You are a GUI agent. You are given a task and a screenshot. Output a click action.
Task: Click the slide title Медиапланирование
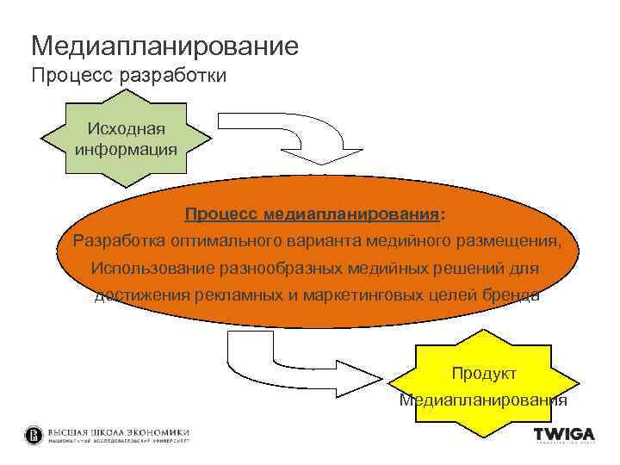point(164,45)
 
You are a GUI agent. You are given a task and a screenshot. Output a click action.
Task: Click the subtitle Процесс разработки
point(129,76)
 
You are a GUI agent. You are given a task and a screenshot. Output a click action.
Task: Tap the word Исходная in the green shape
point(127,128)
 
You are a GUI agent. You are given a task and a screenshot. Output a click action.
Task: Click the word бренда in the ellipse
point(512,295)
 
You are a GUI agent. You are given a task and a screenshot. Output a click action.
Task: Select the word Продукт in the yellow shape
point(484,373)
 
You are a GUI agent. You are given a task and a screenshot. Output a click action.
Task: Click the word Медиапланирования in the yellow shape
point(483,400)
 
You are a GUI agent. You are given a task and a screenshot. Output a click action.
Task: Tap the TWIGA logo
point(564,434)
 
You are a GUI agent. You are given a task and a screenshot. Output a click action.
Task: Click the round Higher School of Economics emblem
point(34,435)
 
